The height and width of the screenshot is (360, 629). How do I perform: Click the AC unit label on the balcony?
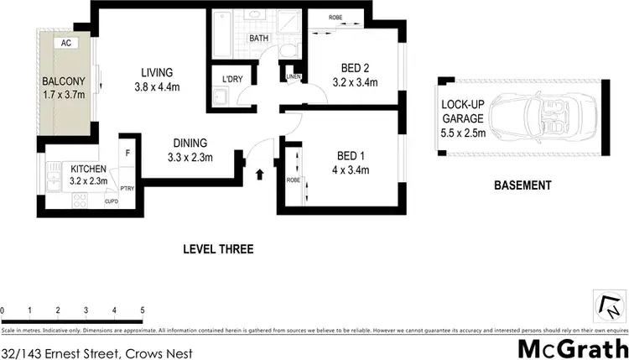click(x=65, y=43)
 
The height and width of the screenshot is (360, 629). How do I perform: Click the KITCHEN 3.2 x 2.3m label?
click(x=87, y=175)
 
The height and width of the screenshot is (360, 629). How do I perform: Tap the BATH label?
click(x=258, y=39)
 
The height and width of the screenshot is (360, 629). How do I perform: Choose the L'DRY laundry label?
click(x=232, y=79)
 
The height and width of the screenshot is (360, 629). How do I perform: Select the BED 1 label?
click(x=351, y=163)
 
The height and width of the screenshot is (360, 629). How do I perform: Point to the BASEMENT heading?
click(x=522, y=185)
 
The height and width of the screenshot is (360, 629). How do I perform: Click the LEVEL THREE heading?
click(x=218, y=249)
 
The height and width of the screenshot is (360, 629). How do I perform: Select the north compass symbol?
click(x=611, y=305)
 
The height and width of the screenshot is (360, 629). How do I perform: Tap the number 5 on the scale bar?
click(x=143, y=310)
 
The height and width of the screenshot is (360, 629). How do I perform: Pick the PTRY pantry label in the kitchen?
click(x=128, y=188)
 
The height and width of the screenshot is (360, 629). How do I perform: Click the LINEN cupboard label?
click(x=292, y=77)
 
